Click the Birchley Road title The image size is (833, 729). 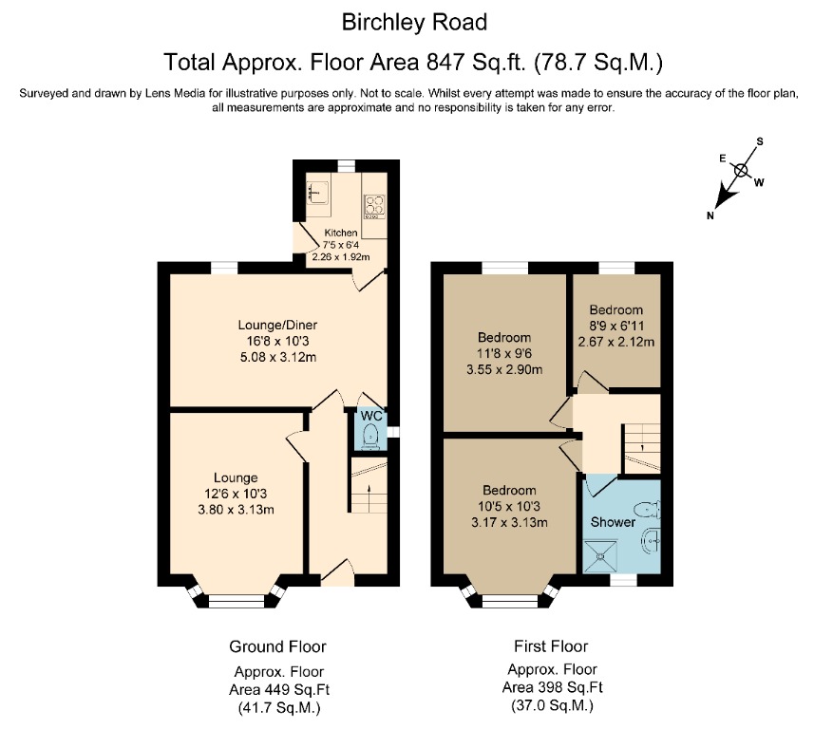(415, 22)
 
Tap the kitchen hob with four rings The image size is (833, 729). (372, 206)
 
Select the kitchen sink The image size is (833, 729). (317, 192)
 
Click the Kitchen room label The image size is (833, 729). (341, 233)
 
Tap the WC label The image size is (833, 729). (369, 417)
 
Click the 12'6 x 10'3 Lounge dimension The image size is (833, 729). (236, 494)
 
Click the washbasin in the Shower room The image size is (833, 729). (651, 541)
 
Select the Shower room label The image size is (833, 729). (613, 522)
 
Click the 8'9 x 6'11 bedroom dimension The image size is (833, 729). (615, 326)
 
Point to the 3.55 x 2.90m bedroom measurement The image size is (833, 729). (504, 369)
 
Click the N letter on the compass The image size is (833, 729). (710, 216)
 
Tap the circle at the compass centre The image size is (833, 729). (741, 172)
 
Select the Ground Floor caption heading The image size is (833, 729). (277, 646)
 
